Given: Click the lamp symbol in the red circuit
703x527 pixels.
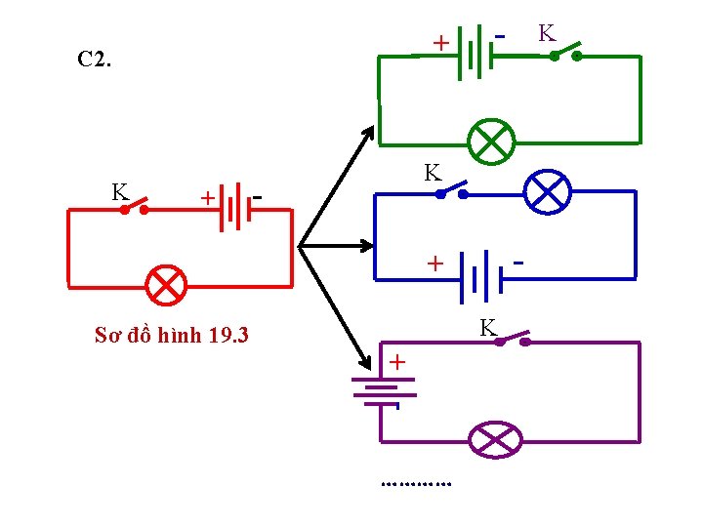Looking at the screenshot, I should pyautogui.click(x=166, y=284).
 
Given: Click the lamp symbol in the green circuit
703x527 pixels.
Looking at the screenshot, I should pyautogui.click(x=490, y=142).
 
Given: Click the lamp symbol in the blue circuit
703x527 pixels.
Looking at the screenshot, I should pyautogui.click(x=548, y=192).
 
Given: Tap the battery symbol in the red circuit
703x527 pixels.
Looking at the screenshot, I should pyautogui.click(x=229, y=208).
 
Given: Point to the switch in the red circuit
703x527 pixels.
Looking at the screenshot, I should pyautogui.click(x=134, y=206).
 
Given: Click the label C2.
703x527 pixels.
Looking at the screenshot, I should pyautogui.click(x=95, y=60).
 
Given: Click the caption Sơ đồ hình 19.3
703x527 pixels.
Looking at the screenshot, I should pyautogui.click(x=172, y=336).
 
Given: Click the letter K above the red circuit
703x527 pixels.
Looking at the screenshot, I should pyautogui.click(x=119, y=191).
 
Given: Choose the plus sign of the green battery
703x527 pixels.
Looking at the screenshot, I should pyautogui.click(x=440, y=43).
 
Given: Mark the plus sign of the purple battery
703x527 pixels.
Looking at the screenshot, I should pyautogui.click(x=398, y=362).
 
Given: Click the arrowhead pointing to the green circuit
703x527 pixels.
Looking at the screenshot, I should pyautogui.click(x=367, y=133).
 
